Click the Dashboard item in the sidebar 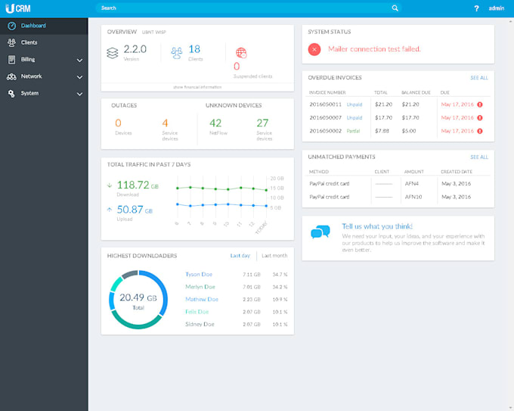(x=33, y=26)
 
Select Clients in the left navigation (x=29, y=42)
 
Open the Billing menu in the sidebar (x=28, y=59)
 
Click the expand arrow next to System (x=79, y=94)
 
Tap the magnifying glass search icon (x=395, y=8)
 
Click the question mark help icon (x=476, y=8)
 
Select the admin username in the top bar (x=497, y=8)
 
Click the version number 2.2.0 (x=133, y=49)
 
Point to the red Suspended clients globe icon (x=241, y=53)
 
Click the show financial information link (x=197, y=87)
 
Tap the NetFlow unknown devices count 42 (x=215, y=123)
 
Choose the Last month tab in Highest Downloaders (x=274, y=256)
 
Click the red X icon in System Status (x=314, y=49)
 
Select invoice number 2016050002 (x=325, y=130)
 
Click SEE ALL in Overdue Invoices (x=479, y=77)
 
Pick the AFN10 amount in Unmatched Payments (x=413, y=197)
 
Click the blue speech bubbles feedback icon (x=320, y=232)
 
